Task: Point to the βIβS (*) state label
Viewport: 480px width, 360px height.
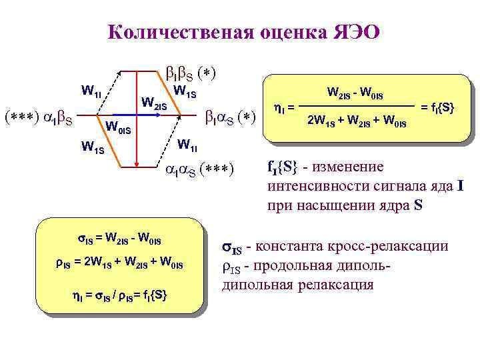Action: coord(190,71)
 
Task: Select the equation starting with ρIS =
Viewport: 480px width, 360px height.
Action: coord(119,265)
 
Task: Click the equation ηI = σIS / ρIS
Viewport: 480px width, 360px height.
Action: coord(119,293)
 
